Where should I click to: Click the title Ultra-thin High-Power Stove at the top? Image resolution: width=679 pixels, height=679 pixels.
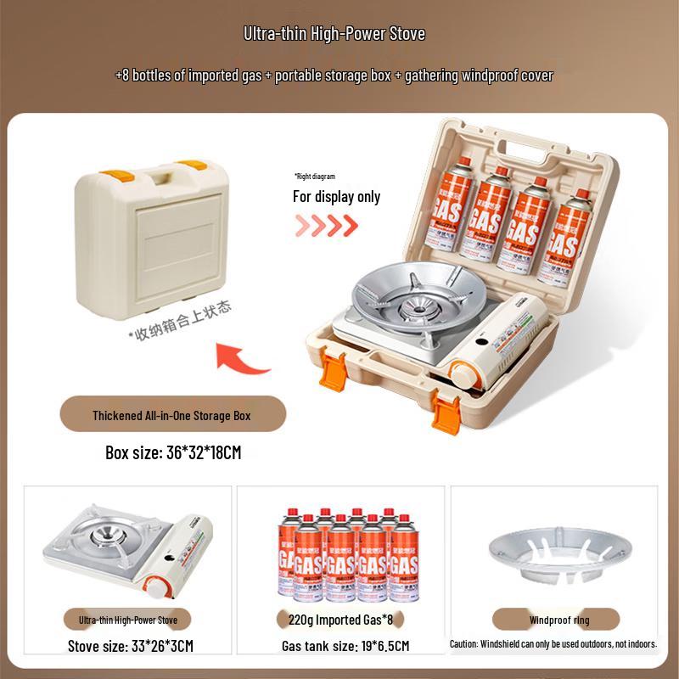(x=334, y=35)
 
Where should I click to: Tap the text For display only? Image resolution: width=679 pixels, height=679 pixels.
(x=337, y=197)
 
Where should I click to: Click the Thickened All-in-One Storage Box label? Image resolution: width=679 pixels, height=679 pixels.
(x=172, y=416)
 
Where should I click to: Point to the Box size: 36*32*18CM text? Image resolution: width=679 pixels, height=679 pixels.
(x=173, y=452)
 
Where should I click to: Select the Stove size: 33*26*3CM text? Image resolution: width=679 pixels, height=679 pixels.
(x=131, y=646)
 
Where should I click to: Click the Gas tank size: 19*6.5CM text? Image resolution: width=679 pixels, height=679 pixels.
(x=345, y=646)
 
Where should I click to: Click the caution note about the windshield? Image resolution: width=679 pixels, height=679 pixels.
(x=553, y=644)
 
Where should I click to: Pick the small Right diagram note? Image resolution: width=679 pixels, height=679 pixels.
(x=315, y=177)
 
